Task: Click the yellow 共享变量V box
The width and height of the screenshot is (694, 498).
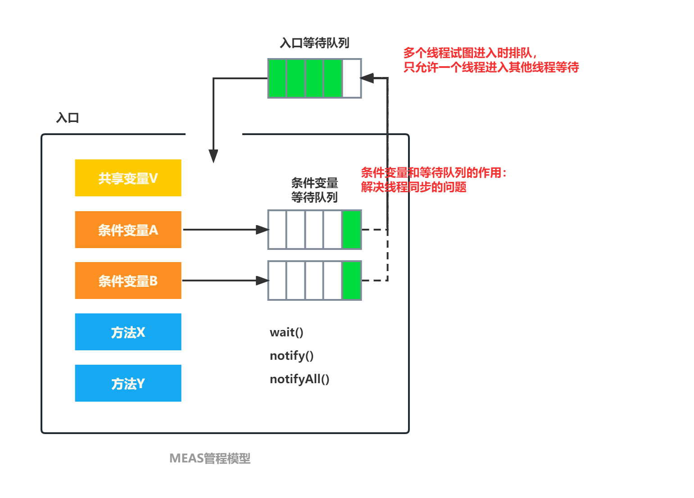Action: coord(128,178)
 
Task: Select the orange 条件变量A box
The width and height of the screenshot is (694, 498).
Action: coord(128,230)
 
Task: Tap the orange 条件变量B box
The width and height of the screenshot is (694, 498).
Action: coord(128,281)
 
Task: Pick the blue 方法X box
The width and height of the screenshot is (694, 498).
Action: coord(128,332)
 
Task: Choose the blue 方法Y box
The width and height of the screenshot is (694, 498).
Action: coord(128,383)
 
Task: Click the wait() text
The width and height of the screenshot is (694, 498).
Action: coord(286,332)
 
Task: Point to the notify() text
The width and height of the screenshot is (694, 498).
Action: coord(291,356)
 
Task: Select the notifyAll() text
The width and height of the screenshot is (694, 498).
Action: coord(299,379)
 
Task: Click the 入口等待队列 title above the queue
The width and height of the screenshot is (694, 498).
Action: coord(314,43)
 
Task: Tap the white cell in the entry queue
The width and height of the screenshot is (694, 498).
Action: coord(352,78)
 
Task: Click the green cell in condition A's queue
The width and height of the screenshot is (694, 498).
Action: coord(352,230)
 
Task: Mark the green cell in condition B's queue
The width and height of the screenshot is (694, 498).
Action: coord(352,281)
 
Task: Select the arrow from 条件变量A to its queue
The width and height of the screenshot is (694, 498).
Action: coord(225,230)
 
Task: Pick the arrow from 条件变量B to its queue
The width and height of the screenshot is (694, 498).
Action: coord(225,281)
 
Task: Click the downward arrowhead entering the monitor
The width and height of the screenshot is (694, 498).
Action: coord(213,156)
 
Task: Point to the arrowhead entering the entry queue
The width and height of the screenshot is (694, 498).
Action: coord(367,78)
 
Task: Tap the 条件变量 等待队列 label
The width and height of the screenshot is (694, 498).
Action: coord(314,190)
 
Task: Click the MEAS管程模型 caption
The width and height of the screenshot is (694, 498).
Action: coord(210,458)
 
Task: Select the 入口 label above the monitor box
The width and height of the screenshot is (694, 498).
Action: coord(68,118)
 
